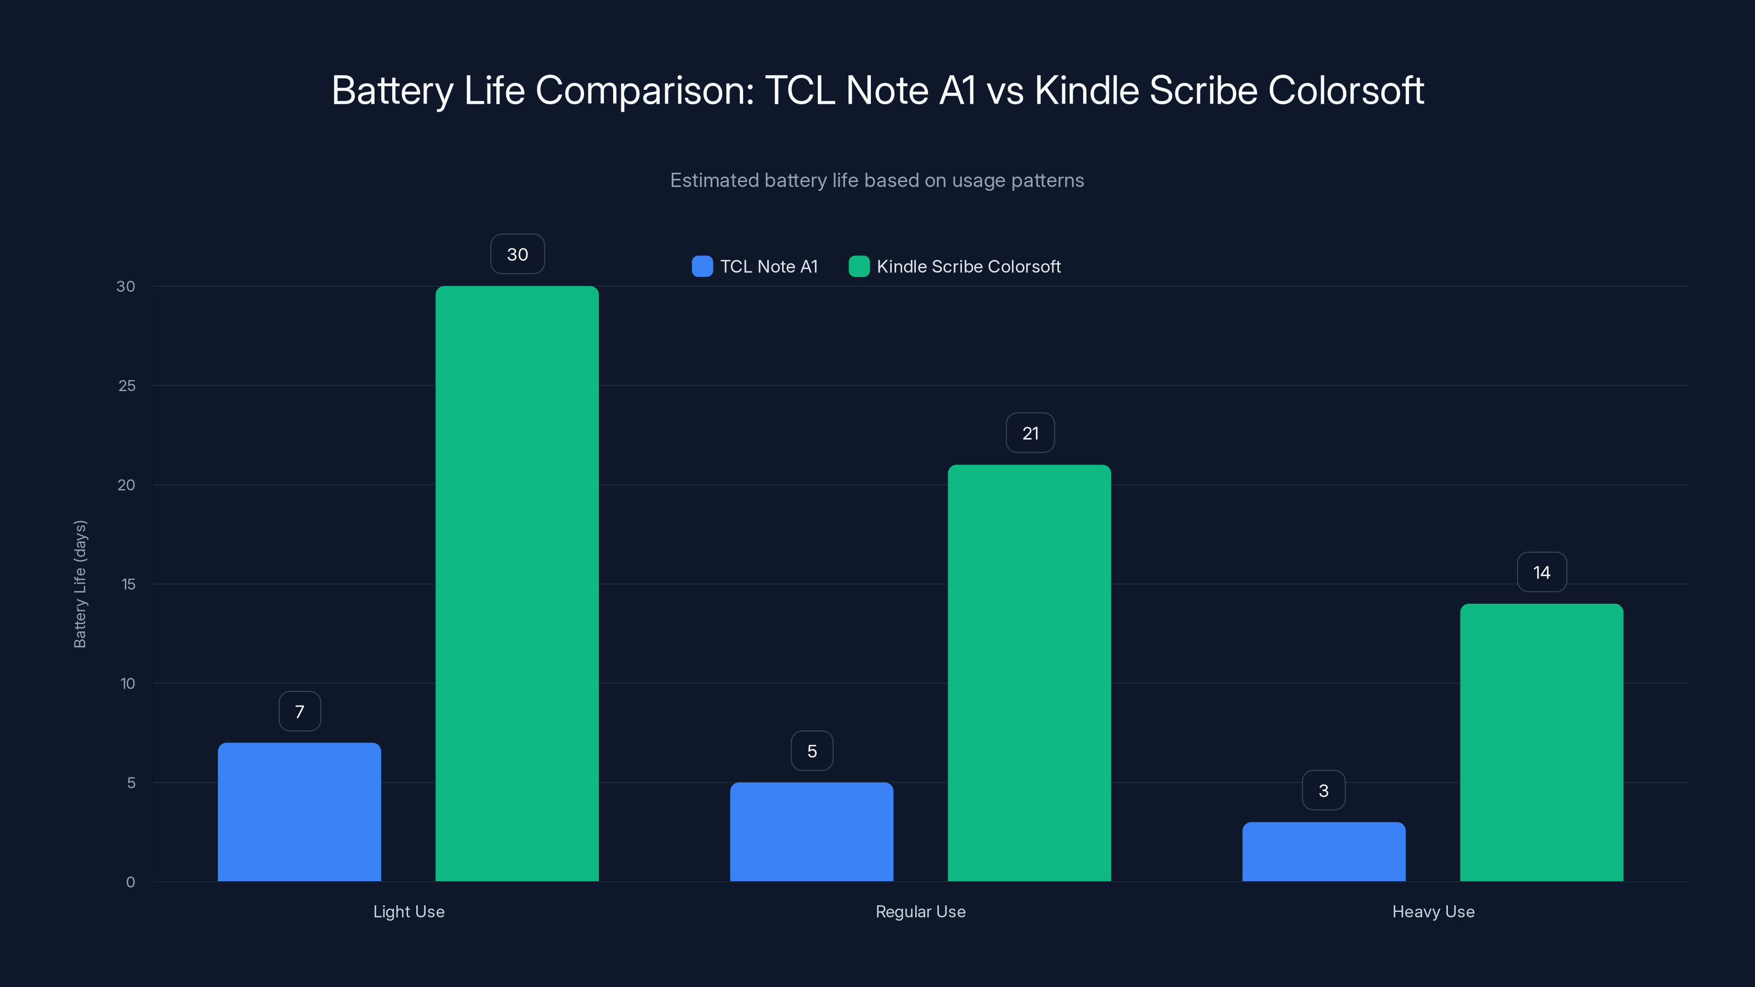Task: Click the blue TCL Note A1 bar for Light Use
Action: pyautogui.click(x=299, y=812)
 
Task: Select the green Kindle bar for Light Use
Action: pyautogui.click(x=517, y=584)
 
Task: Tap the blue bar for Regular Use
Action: pyautogui.click(x=812, y=832)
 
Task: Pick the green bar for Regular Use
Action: pyautogui.click(x=1029, y=673)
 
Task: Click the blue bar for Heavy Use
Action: pyautogui.click(x=1324, y=852)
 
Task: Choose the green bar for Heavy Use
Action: pyautogui.click(x=1542, y=742)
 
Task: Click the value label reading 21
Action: pyautogui.click(x=1030, y=433)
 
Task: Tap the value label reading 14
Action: pyautogui.click(x=1542, y=572)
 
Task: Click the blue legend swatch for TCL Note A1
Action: pyautogui.click(x=702, y=266)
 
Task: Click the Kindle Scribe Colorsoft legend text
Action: pyautogui.click(x=968, y=266)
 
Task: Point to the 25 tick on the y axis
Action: pyautogui.click(x=127, y=385)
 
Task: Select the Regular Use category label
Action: pyautogui.click(x=920, y=911)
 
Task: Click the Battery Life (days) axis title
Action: pyautogui.click(x=80, y=584)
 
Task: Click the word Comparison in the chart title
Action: pyautogui.click(x=644, y=90)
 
